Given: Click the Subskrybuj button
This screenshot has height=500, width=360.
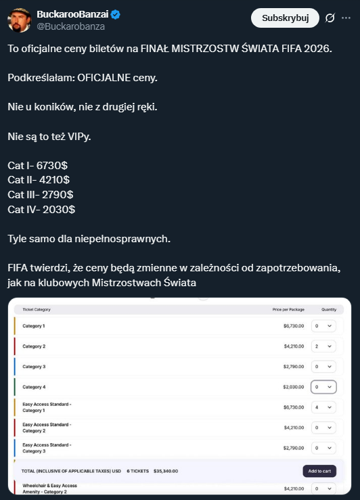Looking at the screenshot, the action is (x=285, y=18).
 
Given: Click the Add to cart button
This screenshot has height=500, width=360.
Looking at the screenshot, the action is (x=319, y=471).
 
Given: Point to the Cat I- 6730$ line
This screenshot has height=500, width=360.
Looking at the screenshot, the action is (x=37, y=165).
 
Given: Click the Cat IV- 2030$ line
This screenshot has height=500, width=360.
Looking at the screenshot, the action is (x=41, y=210).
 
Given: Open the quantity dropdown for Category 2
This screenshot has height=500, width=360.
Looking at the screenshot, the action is (x=323, y=346).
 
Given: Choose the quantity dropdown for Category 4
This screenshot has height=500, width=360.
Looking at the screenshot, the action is (x=323, y=387).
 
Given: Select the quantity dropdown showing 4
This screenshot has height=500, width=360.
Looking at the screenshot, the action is (x=323, y=407).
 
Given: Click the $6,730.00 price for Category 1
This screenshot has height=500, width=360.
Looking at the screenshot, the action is (x=294, y=326).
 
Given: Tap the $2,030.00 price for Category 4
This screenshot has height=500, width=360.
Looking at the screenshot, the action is (x=294, y=387).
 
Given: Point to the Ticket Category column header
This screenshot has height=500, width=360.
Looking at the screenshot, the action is (x=37, y=309).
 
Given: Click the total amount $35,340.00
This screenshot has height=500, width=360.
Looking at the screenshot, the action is (x=166, y=471).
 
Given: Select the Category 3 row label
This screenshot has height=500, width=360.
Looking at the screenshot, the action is (x=34, y=367).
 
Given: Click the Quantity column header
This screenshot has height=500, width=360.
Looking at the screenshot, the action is (x=328, y=309).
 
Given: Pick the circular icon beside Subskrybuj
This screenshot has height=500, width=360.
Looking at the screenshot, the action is (x=330, y=18).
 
